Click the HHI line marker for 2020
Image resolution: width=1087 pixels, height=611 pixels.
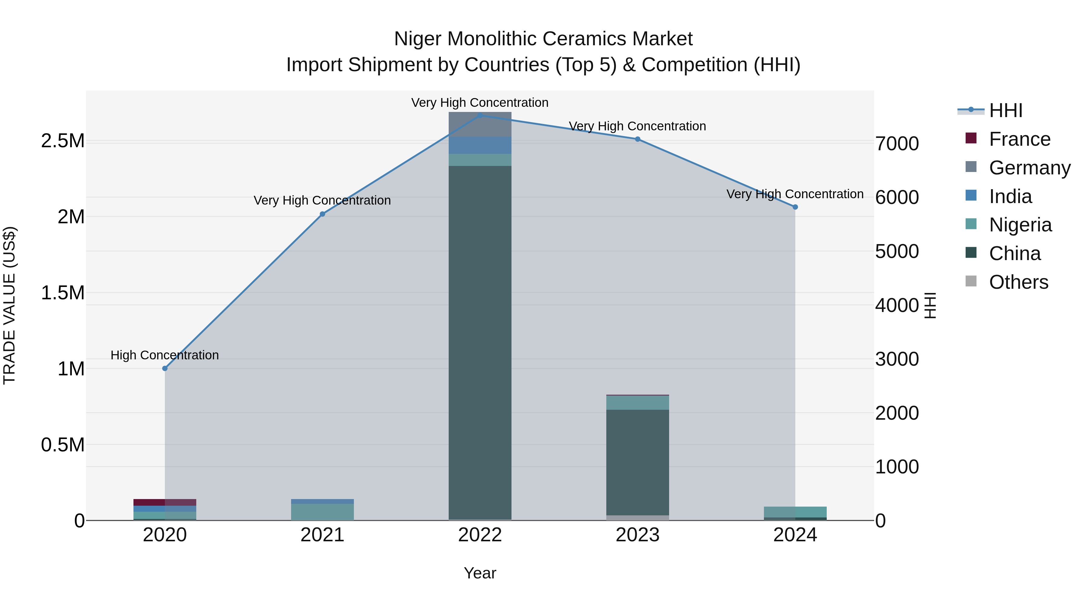pyautogui.click(x=165, y=368)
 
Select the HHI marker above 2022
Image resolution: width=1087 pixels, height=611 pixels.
pyautogui.click(x=480, y=115)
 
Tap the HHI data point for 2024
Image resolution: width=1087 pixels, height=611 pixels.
pyautogui.click(x=795, y=207)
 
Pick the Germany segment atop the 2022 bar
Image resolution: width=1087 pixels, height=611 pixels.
pyautogui.click(x=480, y=124)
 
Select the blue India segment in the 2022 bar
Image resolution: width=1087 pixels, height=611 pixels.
pyautogui.click(x=480, y=145)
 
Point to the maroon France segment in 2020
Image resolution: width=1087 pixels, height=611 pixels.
pyautogui.click(x=165, y=502)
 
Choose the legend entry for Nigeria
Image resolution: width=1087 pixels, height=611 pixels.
pyautogui.click(x=1020, y=225)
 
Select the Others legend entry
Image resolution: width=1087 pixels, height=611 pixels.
pyautogui.click(x=1018, y=282)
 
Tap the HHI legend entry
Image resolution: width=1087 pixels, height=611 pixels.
pyautogui.click(x=1005, y=110)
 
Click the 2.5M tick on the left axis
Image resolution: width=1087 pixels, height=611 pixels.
pyautogui.click(x=63, y=141)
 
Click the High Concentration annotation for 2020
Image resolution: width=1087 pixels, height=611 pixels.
pyautogui.click(x=165, y=355)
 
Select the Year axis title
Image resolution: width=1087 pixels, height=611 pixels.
pyautogui.click(x=480, y=573)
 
